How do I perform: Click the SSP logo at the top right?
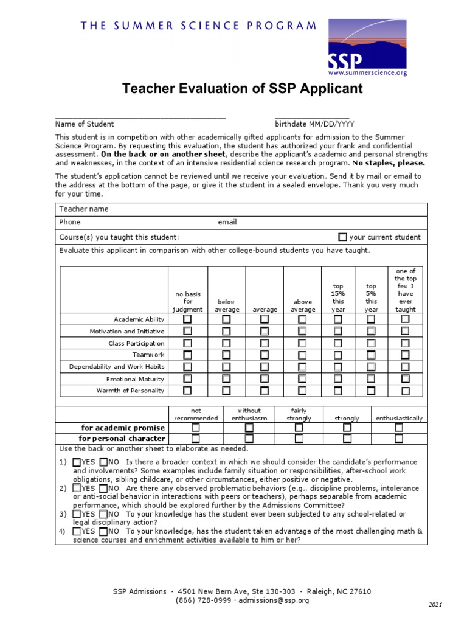click(x=367, y=47)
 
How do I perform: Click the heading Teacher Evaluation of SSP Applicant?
click(x=242, y=89)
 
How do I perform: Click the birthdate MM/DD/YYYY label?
click(x=314, y=124)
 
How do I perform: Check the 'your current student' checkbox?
click(x=342, y=237)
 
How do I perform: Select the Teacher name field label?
click(x=84, y=209)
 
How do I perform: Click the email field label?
click(x=227, y=223)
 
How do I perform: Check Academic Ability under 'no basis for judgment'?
click(x=187, y=319)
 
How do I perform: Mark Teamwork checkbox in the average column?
click(x=265, y=355)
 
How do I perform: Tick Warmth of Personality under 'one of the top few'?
click(x=405, y=391)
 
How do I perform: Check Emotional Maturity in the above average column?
click(x=302, y=378)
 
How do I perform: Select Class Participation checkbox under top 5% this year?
click(x=371, y=343)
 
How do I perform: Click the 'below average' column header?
click(x=226, y=305)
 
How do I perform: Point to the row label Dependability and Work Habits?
click(x=117, y=367)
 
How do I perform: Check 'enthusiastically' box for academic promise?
click(x=399, y=428)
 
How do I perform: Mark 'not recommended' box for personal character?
click(x=196, y=438)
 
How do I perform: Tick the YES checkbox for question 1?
click(x=76, y=462)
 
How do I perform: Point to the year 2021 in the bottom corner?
click(x=436, y=604)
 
